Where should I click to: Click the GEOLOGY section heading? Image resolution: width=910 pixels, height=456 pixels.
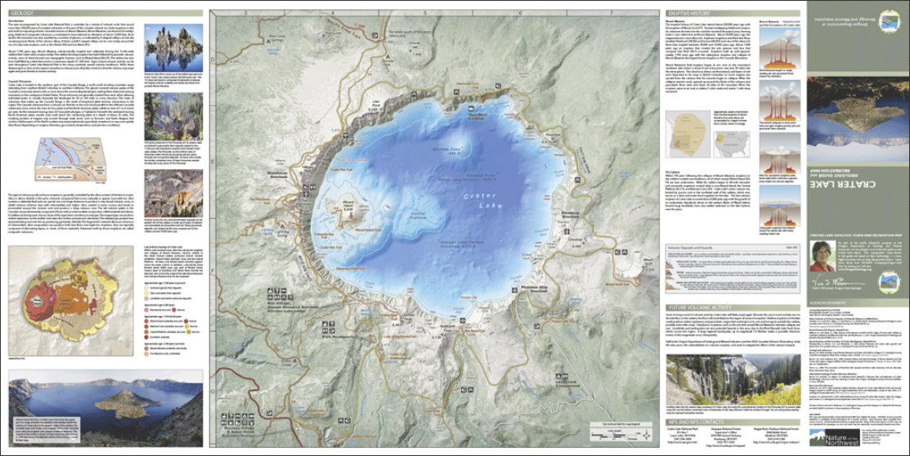(x=22, y=15)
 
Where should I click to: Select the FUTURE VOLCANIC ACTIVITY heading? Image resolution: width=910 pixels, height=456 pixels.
(x=701, y=307)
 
